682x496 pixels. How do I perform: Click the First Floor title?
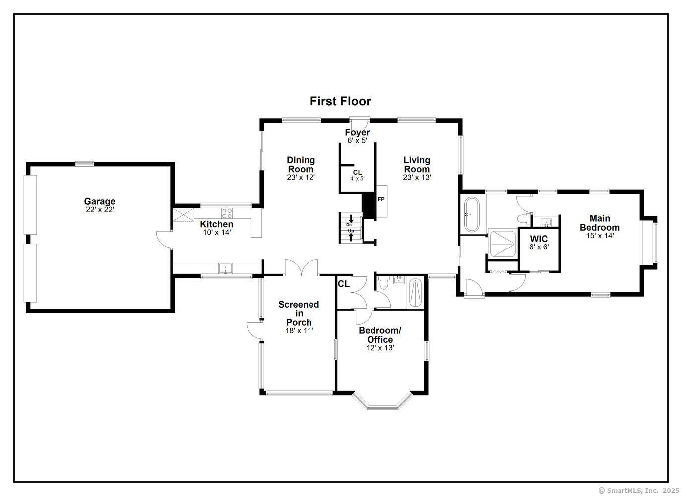[x=340, y=101]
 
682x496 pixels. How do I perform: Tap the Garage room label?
[x=100, y=201]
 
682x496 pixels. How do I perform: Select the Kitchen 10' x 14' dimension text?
[x=217, y=232]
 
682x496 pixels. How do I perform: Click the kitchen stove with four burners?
[x=227, y=213]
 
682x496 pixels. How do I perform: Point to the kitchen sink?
[x=225, y=268]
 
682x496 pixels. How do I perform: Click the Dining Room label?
[x=301, y=164]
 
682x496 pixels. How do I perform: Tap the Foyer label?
[x=357, y=132]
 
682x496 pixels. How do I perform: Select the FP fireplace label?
[x=381, y=199]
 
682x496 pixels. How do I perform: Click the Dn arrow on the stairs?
[x=351, y=219]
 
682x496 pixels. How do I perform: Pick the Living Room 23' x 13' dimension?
[x=417, y=177]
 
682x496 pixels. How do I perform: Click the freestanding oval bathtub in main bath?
[x=471, y=215]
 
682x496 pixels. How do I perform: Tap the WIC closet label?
[x=539, y=239]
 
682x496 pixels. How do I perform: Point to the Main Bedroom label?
[x=600, y=223]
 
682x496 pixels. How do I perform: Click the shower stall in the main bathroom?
[x=502, y=244]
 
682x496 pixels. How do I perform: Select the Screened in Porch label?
[x=299, y=313]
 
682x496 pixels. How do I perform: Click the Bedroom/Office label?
[x=380, y=335]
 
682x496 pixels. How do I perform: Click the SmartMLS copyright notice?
[x=639, y=490]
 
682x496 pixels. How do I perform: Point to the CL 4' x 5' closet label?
[x=357, y=175]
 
